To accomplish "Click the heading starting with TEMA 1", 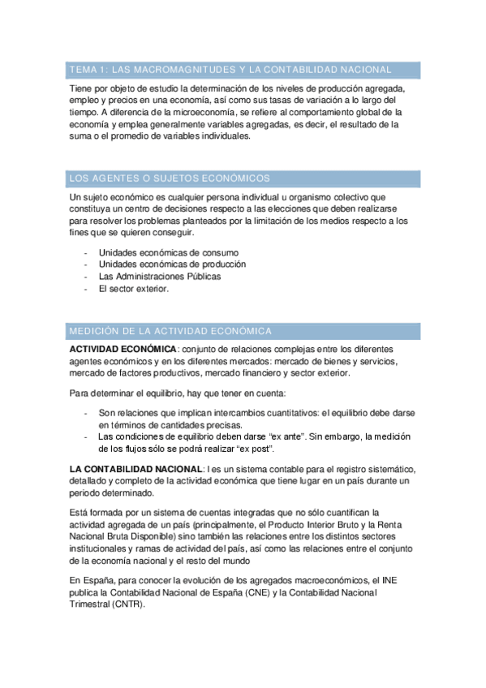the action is (230, 70).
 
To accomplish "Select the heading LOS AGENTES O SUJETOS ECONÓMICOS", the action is (170, 178).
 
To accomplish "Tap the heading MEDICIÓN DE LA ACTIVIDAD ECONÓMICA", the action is (170, 331).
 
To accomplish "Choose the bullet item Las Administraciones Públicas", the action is (160, 276).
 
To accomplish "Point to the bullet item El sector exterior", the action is (133, 288).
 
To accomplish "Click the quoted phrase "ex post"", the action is (256, 449).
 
